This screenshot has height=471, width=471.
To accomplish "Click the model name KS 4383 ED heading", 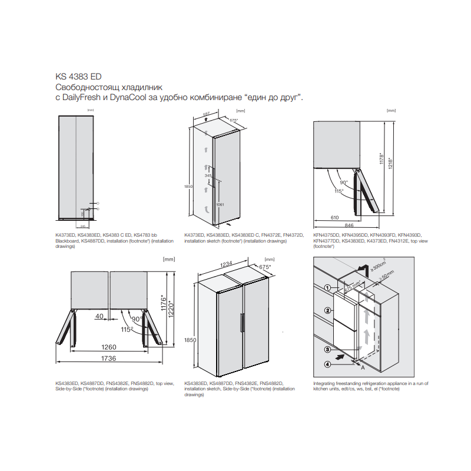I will (78, 77).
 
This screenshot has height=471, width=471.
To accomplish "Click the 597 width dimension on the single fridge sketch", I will (206, 113).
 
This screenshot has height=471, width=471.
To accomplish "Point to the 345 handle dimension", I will (208, 175).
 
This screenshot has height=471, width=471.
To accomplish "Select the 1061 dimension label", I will (220, 204).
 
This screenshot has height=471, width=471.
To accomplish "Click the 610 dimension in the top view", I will (334, 217).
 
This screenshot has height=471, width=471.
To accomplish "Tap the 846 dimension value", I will (349, 225).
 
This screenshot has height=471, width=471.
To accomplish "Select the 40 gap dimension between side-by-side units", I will (100, 317).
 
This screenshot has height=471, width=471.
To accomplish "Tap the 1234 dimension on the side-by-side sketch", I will (227, 266).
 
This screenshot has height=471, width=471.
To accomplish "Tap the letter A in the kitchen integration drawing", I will (363, 366).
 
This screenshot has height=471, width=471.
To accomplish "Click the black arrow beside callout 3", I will (339, 356).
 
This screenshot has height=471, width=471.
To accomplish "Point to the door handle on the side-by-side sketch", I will (241, 324).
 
